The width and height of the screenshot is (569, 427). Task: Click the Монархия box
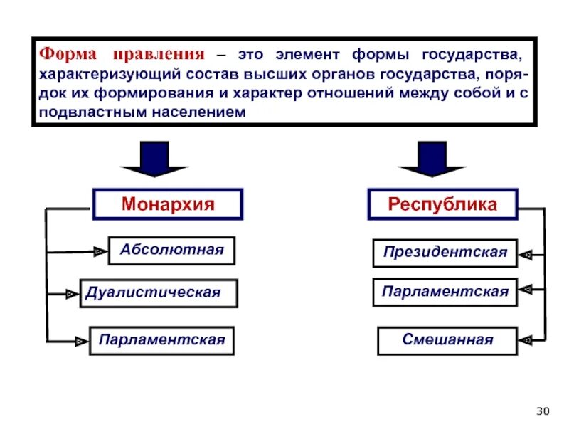click(168, 204)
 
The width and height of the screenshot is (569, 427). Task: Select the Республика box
click(442, 204)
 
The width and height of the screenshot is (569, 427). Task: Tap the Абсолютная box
click(171, 251)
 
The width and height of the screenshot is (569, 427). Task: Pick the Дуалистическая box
click(158, 293)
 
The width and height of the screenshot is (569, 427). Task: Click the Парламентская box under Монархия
click(161, 340)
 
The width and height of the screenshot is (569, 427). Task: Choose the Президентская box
click(445, 253)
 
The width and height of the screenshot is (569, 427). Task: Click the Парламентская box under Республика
click(445, 292)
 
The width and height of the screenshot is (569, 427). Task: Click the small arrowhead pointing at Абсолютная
click(98, 251)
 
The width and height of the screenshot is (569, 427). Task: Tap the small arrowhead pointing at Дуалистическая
click(70, 293)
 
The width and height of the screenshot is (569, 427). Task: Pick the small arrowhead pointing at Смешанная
click(526, 340)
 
